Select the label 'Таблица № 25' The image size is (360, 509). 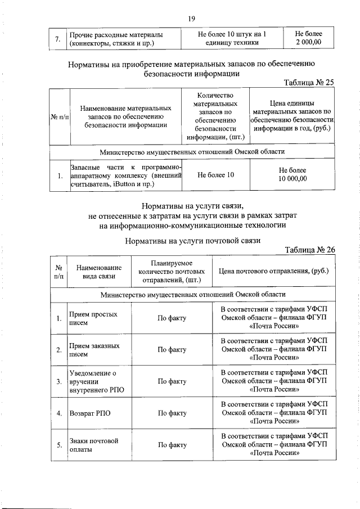[x=309, y=83]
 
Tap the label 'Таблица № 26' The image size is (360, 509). [x=309, y=250]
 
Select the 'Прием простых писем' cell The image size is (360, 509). [x=93, y=319]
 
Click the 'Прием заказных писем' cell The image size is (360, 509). [x=93, y=350]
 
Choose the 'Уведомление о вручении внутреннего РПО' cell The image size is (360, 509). [x=93, y=381]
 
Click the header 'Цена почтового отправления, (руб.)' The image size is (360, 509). [x=274, y=271]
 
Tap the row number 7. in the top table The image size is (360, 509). [x=58, y=38]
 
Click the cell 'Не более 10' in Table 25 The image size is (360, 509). [x=215, y=175]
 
